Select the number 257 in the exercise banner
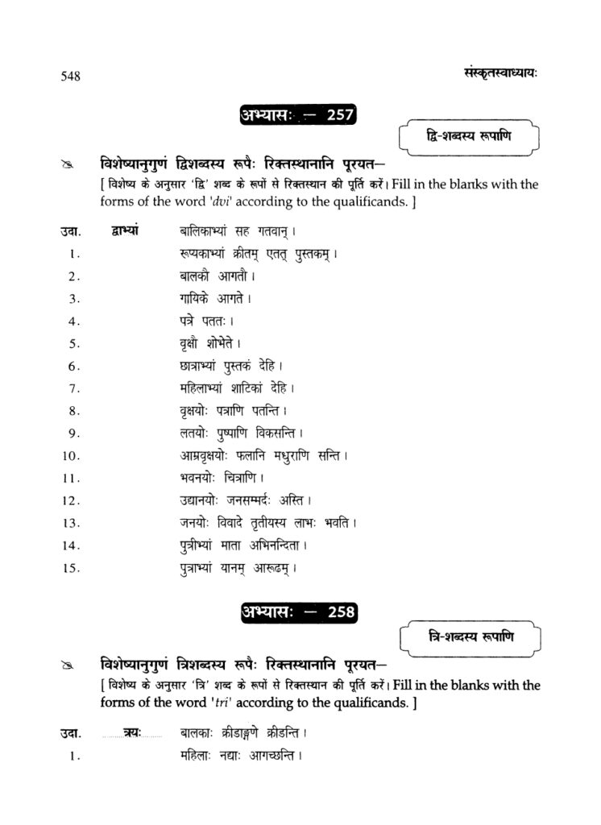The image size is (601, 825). click(x=339, y=115)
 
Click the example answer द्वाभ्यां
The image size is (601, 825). click(x=122, y=230)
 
